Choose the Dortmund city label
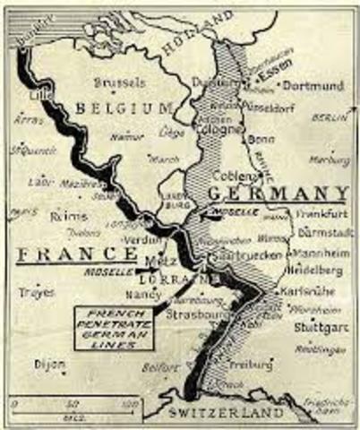(x=313, y=86)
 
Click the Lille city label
(x=38, y=94)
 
